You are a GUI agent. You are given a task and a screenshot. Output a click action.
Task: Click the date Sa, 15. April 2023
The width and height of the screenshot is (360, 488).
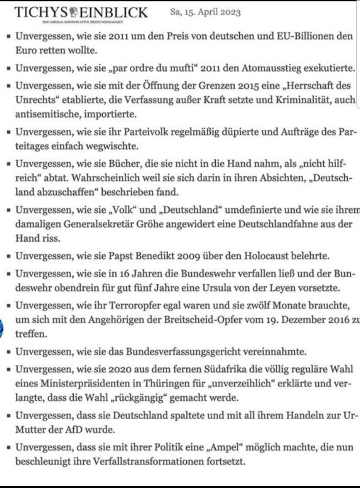205,12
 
